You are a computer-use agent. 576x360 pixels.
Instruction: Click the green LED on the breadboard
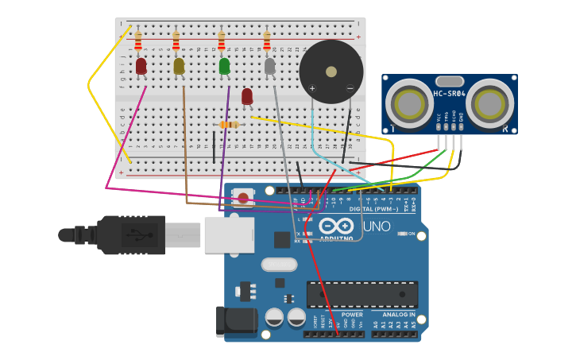coord(224,66)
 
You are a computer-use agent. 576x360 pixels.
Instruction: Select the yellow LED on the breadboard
coord(179,66)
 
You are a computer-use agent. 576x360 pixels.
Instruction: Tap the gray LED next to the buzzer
coord(270,66)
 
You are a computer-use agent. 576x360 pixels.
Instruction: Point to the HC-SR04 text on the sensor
coord(449,95)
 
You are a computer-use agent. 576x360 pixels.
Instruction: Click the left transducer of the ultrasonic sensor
coord(410,103)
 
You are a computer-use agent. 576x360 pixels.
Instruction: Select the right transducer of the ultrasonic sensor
coord(489,103)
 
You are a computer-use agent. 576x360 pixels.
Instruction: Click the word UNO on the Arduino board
coord(377,226)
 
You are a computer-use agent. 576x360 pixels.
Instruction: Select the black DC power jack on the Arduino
coord(236,321)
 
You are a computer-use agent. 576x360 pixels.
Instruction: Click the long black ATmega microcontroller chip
coord(362,294)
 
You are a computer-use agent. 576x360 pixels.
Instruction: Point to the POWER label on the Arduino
coord(352,315)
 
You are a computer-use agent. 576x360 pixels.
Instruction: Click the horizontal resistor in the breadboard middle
coord(229,125)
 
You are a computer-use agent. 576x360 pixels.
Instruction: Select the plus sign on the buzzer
coord(312,88)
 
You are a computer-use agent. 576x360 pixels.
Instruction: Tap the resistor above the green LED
coord(222,40)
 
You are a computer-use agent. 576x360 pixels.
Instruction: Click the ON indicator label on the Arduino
coord(411,234)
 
